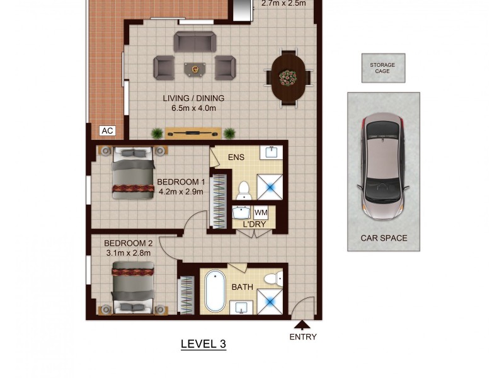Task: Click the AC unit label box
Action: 108,130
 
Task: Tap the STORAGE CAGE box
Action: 383,67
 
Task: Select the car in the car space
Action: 383,166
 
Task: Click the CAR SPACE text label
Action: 384,238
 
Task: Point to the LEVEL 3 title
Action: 203,344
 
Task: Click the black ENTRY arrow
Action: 302,325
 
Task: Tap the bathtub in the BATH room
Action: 215,292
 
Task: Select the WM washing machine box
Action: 261,213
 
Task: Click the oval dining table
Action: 289,77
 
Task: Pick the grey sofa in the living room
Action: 195,42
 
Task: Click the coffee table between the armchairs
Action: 195,67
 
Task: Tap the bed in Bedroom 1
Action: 133,174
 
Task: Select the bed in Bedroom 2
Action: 133,289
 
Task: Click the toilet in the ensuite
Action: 244,190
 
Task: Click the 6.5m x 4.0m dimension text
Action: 193,108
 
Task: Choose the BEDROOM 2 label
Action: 129,243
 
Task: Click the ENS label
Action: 236,157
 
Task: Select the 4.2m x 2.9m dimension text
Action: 181,192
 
